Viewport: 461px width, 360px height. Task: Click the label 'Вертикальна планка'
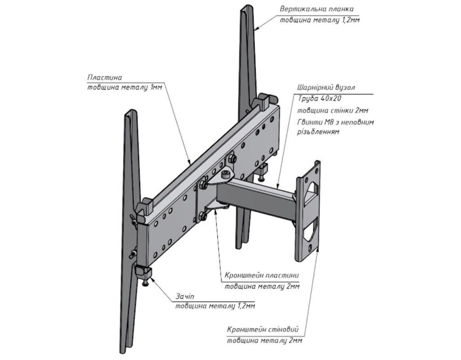[316, 9]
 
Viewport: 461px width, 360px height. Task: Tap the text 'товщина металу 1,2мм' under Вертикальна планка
[320, 20]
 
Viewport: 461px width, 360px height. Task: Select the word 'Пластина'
[105, 77]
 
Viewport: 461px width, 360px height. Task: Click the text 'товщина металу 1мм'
[124, 87]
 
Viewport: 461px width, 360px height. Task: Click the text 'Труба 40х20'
[316, 99]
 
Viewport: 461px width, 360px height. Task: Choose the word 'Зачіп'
[184, 297]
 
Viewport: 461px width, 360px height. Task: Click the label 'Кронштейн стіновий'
[263, 329]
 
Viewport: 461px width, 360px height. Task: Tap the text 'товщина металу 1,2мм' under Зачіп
[215, 307]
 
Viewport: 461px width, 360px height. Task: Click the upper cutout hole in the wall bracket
[311, 189]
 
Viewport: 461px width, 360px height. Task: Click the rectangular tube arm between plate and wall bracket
[257, 196]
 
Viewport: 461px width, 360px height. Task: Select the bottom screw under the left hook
[145, 284]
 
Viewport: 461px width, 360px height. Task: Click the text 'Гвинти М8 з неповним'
[335, 122]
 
